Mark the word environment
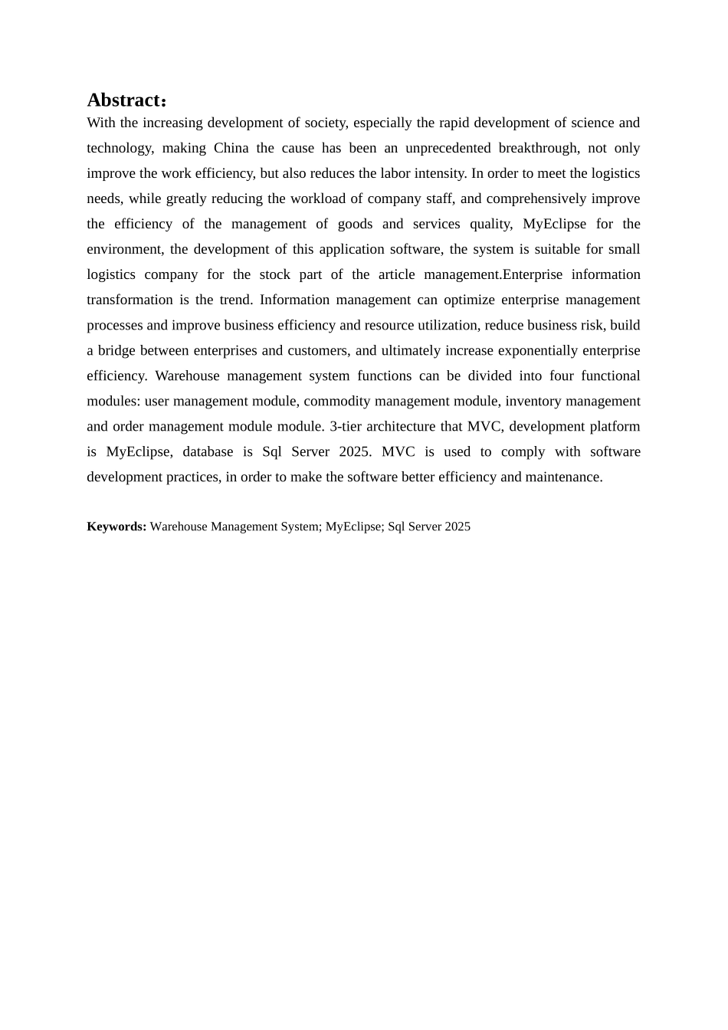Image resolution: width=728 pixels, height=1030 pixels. (x=124, y=249)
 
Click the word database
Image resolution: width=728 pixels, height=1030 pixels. (x=208, y=451)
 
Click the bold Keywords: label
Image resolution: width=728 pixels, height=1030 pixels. (x=116, y=526)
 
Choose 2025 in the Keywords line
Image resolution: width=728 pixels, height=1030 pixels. (x=456, y=526)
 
